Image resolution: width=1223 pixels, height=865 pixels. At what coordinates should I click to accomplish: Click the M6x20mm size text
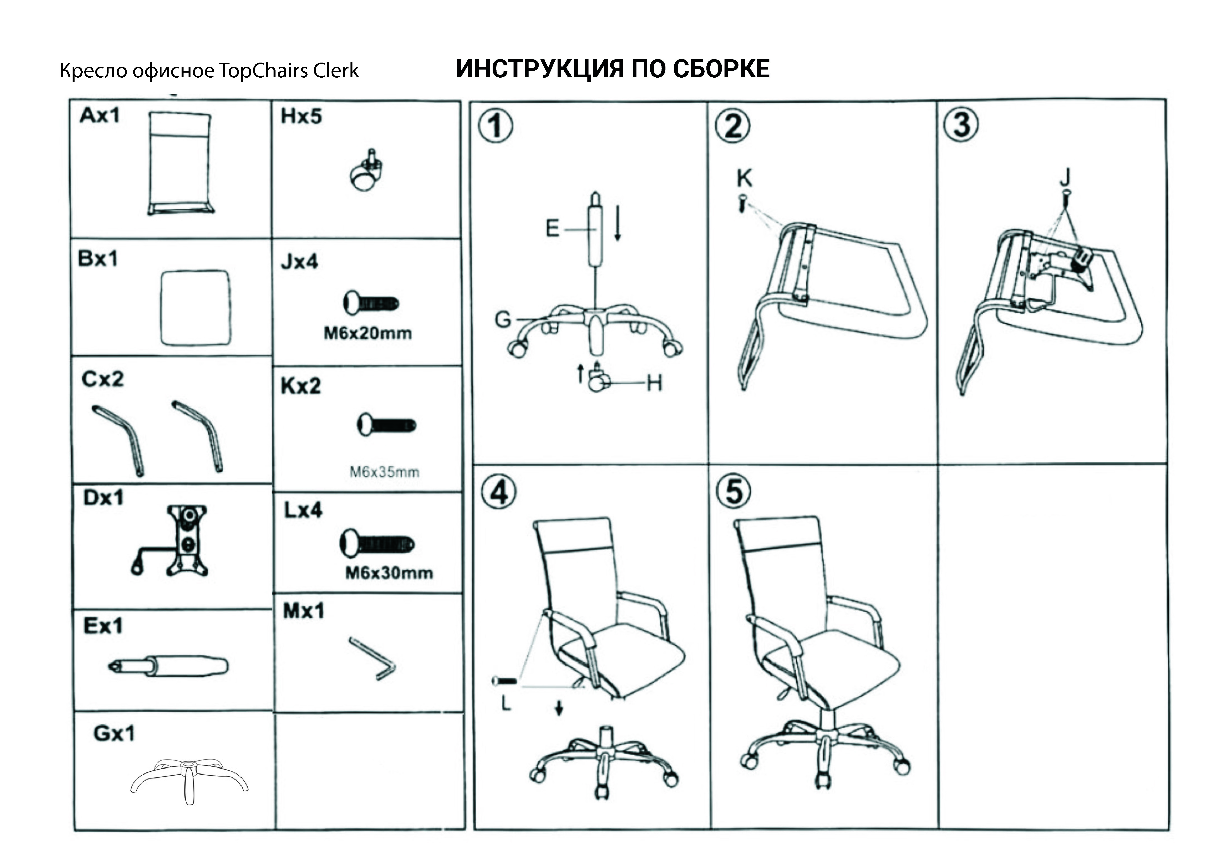[x=367, y=334]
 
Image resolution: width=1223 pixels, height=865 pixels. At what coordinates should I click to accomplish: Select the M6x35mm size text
[x=384, y=472]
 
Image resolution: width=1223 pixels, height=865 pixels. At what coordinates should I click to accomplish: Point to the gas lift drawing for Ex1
[x=168, y=666]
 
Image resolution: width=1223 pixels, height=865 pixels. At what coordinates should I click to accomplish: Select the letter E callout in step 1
[x=552, y=228]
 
